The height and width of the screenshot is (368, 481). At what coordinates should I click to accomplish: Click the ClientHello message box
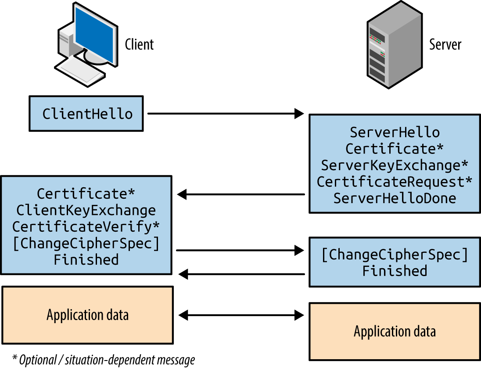pyautogui.click(x=86, y=113)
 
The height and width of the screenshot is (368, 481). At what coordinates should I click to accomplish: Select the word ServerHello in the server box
pyautogui.click(x=395, y=132)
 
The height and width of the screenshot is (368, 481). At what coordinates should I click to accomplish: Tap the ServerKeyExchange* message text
pyautogui.click(x=395, y=165)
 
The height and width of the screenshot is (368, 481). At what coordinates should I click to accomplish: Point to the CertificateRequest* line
pyautogui.click(x=395, y=182)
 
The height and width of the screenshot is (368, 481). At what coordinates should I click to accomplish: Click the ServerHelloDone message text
pyautogui.click(x=395, y=198)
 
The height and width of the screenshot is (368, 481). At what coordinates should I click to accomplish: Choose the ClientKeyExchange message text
pyautogui.click(x=86, y=210)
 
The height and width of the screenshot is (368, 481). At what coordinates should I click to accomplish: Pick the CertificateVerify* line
pyautogui.click(x=86, y=226)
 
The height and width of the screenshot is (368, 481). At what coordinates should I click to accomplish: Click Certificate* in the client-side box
pyautogui.click(x=86, y=193)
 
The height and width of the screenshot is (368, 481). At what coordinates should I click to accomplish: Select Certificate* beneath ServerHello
pyautogui.click(x=395, y=149)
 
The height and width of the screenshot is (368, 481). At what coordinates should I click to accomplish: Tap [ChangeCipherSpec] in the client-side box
pyautogui.click(x=86, y=243)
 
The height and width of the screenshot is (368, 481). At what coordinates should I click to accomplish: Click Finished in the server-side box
pyautogui.click(x=395, y=271)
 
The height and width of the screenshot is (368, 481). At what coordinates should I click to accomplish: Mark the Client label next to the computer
pyautogui.click(x=139, y=44)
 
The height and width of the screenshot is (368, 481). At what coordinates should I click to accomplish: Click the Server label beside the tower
pyautogui.click(x=445, y=44)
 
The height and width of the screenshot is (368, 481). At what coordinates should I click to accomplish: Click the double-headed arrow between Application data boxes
pyautogui.click(x=241, y=315)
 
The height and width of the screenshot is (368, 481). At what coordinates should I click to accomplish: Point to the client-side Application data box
pyautogui.click(x=87, y=315)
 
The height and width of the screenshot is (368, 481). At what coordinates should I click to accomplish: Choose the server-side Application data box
pyautogui.click(x=395, y=331)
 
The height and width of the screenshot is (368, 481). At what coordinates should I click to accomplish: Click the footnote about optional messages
pyautogui.click(x=104, y=360)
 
